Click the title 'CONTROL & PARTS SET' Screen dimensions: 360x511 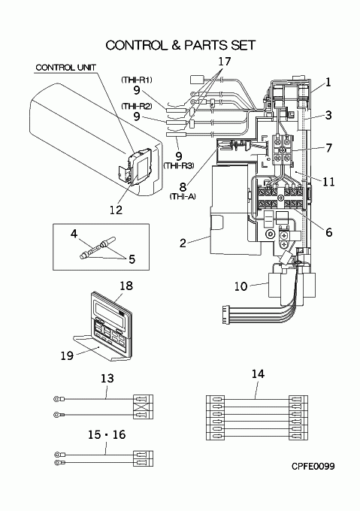pyautogui.click(x=180, y=45)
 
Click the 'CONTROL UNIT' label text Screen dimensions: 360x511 pyautogui.click(x=66, y=68)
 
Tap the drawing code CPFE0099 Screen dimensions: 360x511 pyautogui.click(x=313, y=467)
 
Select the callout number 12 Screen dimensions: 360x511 pyautogui.click(x=116, y=210)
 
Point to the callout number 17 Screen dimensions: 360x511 pyautogui.click(x=225, y=62)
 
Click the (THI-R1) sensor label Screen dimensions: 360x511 pyautogui.click(x=137, y=80)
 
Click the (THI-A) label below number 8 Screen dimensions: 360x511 pyautogui.click(x=183, y=196)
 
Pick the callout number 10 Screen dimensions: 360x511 pyautogui.click(x=241, y=286)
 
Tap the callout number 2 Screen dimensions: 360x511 pyautogui.click(x=183, y=243)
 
